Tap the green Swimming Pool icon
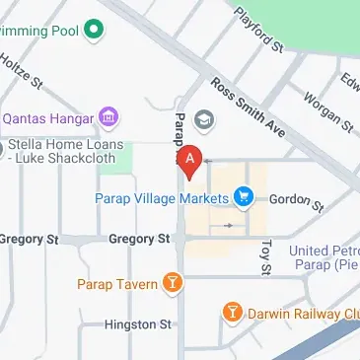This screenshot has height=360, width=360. point(95,31)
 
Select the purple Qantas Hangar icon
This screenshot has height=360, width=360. point(110,118)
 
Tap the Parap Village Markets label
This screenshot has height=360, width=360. point(162,198)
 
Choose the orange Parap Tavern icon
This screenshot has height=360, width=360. point(174,284)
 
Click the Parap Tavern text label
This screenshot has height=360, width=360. point(117,285)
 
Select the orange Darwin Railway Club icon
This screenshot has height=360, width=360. point(233,313)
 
